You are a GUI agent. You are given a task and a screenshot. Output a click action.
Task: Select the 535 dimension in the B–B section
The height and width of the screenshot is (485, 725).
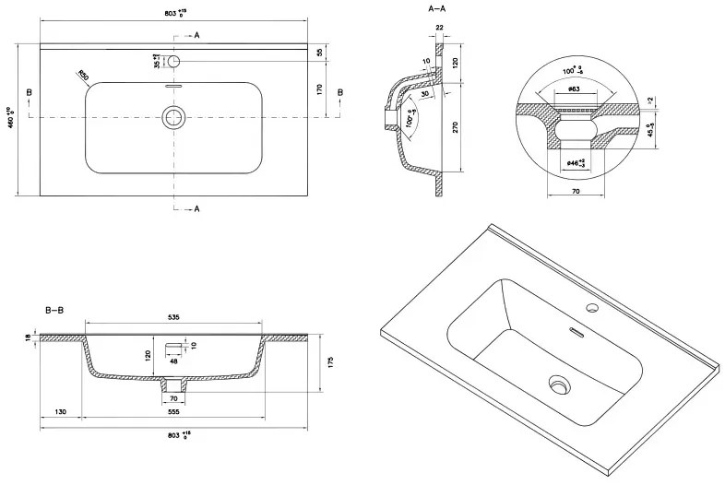[173, 316]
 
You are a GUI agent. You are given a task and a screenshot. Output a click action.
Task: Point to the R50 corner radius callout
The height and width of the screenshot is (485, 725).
[83, 75]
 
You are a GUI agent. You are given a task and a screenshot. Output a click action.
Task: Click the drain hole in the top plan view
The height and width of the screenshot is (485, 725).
[172, 117]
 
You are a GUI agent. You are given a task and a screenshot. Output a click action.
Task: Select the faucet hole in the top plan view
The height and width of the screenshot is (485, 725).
[172, 61]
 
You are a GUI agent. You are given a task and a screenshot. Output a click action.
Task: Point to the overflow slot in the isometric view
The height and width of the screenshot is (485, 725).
[574, 329]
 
